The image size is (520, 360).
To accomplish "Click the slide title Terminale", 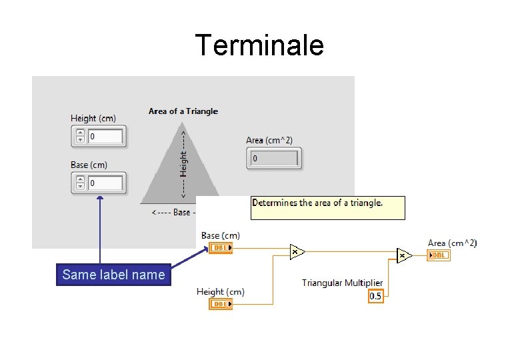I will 259,45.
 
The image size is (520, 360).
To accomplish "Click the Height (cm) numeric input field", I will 105,137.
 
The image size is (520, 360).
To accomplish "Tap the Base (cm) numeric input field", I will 105,183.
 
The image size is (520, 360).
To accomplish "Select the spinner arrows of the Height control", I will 80,137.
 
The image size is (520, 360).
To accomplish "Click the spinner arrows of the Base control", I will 80,183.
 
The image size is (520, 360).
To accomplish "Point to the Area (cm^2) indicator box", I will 274,159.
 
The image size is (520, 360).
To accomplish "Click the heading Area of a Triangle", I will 183,111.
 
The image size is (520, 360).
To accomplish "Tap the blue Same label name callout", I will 113,275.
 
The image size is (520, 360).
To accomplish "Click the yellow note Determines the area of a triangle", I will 327,207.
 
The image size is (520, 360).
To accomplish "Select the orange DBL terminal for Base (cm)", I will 221,248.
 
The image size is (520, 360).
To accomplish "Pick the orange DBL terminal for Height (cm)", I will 221,304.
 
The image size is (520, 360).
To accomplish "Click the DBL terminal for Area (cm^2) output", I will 439,255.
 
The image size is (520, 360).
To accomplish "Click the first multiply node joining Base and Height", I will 297,251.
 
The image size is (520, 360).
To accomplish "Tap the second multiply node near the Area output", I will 403,255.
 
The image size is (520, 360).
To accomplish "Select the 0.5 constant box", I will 376,296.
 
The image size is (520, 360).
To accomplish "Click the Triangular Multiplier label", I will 342,283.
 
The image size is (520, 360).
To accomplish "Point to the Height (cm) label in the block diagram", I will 221,291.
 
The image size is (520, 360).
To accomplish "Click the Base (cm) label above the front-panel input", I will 89,165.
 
